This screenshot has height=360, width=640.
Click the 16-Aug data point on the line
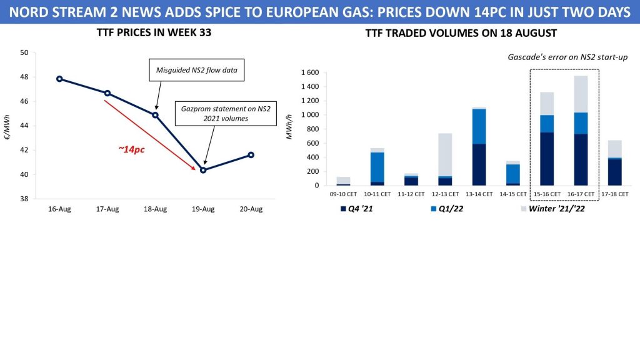click(59, 79)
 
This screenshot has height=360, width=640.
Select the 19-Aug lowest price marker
click(203, 170)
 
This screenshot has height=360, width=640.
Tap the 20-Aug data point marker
click(251, 154)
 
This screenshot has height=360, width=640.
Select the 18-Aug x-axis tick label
click(155, 209)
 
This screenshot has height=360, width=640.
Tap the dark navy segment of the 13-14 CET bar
click(478, 164)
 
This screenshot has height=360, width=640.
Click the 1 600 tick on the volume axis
click(311, 73)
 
